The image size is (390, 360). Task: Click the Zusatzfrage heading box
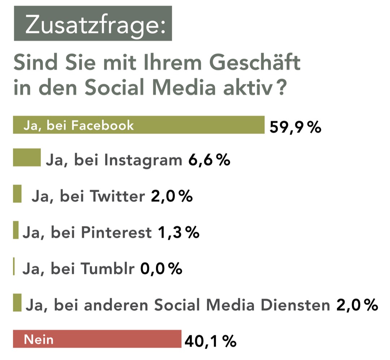(92, 24)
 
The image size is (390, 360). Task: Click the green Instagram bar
(27, 159)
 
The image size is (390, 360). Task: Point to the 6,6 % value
(209, 160)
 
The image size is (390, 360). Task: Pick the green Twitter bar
(17, 194)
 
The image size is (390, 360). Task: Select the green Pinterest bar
(16, 230)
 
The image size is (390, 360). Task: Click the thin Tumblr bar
(14, 266)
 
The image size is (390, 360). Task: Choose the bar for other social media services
(17, 303)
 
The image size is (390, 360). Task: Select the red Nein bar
(97, 339)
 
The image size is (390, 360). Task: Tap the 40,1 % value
(210, 341)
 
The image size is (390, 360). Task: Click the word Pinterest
(116, 233)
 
